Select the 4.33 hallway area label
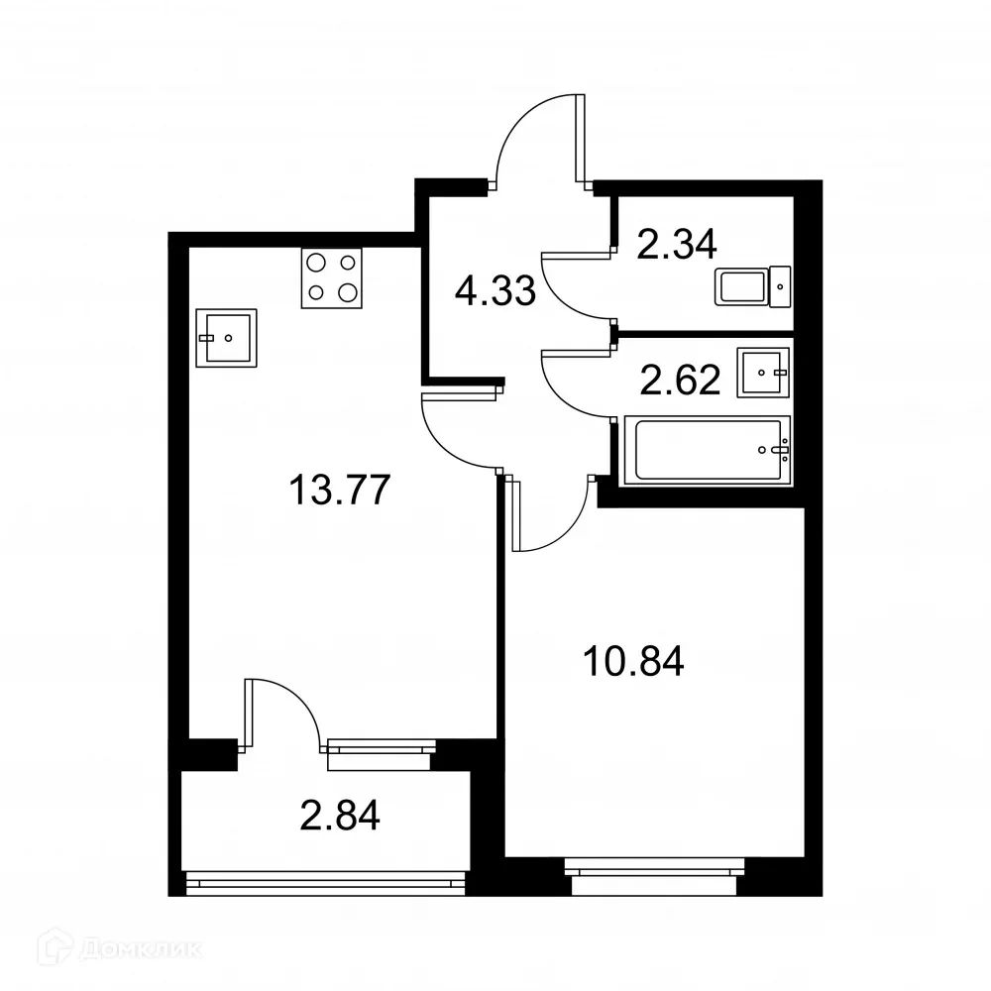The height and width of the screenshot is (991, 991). pos(495,291)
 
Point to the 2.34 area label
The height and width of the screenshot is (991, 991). pos(677,244)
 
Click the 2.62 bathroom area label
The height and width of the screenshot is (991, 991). pos(680,380)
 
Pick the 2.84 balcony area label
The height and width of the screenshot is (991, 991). pos(340,819)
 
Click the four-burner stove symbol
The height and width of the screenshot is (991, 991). pos(331,277)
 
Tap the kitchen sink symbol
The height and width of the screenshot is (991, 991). pos(226,338)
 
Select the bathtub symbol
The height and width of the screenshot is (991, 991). pos(705,450)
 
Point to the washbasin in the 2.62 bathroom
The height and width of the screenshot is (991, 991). pos(763,372)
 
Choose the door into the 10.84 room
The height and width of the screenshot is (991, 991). pos(550,515)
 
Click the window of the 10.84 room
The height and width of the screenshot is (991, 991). pos(654,870)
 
